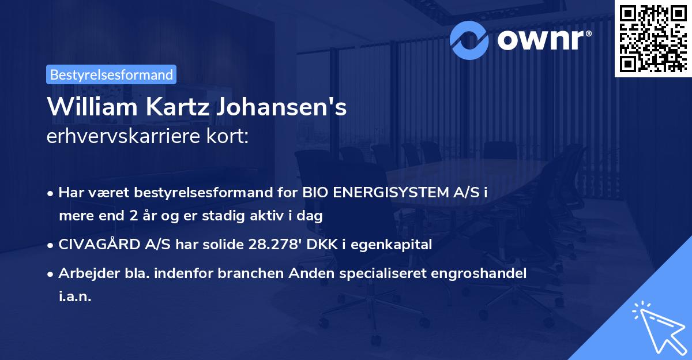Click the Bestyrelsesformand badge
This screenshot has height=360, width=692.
[111, 74]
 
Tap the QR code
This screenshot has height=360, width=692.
[652, 38]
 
